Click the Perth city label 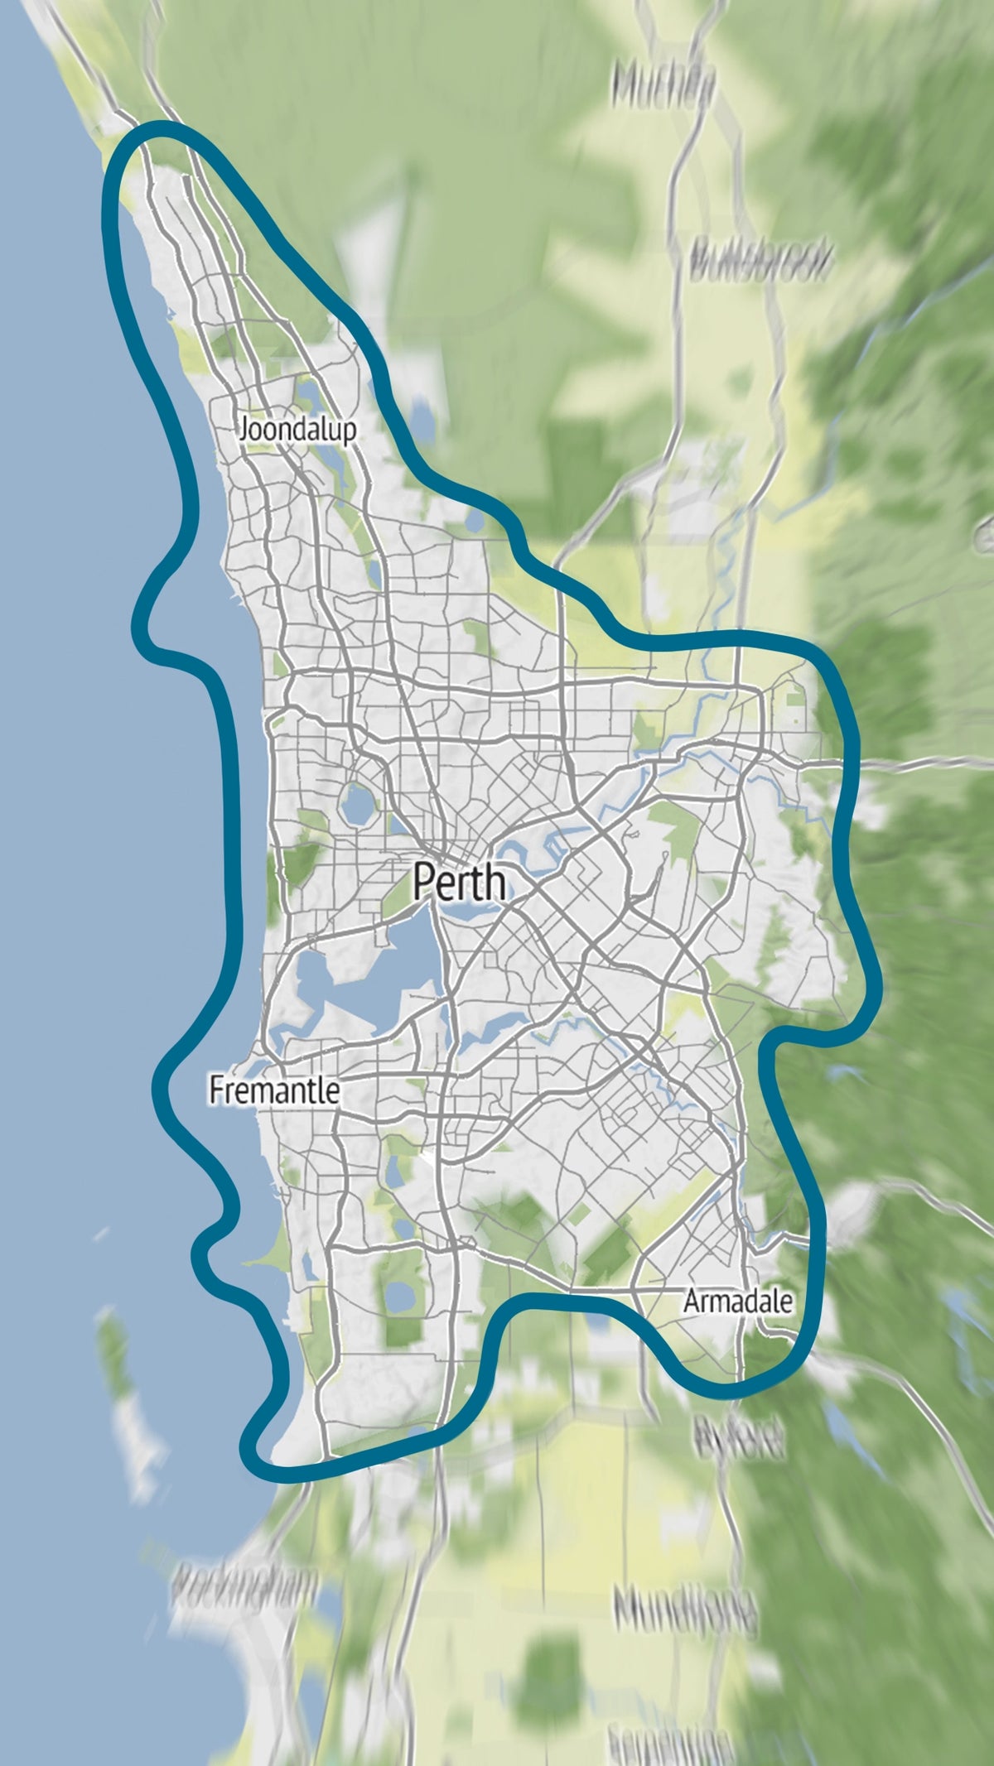pyautogui.click(x=460, y=881)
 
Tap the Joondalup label pyautogui.click(x=298, y=430)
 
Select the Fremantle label pyautogui.click(x=274, y=1090)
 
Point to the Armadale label pyautogui.click(x=737, y=1301)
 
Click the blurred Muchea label pyautogui.click(x=663, y=86)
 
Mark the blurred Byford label pyautogui.click(x=740, y=1439)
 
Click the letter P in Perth pyautogui.click(x=424, y=881)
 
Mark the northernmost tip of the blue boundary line pyautogui.click(x=162, y=127)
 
